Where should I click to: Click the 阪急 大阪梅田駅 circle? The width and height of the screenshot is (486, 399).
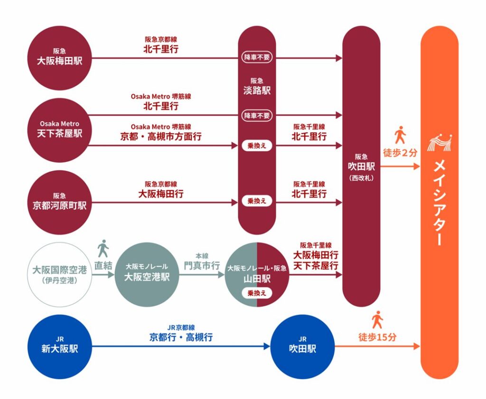(x=59, y=58)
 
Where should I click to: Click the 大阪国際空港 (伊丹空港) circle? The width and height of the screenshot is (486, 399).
(x=59, y=275)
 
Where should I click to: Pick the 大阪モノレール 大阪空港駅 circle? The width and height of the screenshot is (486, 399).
(x=147, y=275)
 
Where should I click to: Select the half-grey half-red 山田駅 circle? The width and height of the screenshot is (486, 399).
(x=257, y=275)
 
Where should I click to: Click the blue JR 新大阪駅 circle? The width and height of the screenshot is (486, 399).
(x=59, y=346)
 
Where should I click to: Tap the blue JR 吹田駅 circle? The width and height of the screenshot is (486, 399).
(x=302, y=346)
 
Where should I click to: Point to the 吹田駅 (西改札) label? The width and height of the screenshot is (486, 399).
(x=361, y=166)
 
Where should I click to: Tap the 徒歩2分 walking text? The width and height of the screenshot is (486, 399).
(x=400, y=153)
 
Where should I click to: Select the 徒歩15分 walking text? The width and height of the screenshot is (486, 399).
(x=377, y=337)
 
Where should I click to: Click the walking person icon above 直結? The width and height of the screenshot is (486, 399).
(x=103, y=248)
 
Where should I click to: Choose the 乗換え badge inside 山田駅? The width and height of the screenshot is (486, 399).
(x=257, y=293)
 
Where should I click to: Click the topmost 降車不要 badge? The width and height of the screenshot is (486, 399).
(x=257, y=56)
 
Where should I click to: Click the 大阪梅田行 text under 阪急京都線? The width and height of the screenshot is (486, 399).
(x=161, y=194)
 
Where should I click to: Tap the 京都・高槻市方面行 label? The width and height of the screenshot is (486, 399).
(x=161, y=136)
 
